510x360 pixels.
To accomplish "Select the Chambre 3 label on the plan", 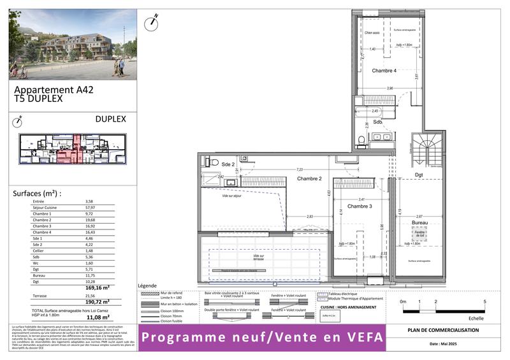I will [360, 206].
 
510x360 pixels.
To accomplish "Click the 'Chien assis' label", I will [372, 32].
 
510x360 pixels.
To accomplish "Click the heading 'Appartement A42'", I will [54, 90].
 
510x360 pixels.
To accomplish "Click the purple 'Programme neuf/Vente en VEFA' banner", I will [263, 338].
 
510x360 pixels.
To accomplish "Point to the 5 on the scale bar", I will [484, 301].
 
